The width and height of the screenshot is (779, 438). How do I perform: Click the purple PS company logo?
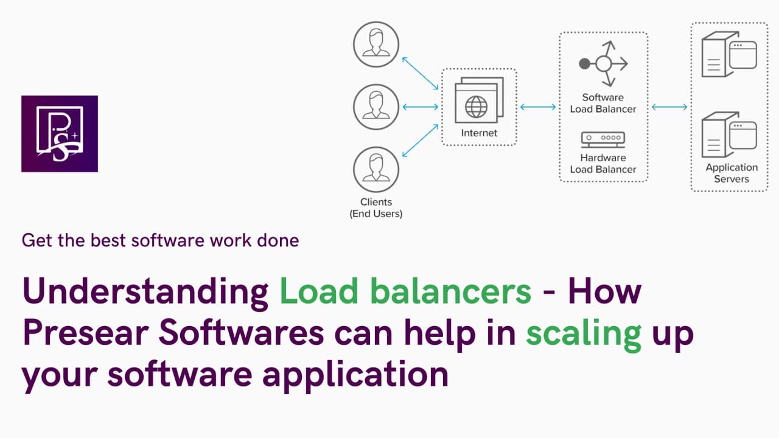point(60,134)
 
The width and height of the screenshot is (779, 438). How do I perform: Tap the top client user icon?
point(376,44)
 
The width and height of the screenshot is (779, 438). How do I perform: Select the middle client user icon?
point(376,106)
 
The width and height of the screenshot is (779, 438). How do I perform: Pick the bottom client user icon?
point(376,169)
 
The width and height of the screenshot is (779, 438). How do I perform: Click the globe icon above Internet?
point(476,107)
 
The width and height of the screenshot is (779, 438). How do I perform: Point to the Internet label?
point(479,133)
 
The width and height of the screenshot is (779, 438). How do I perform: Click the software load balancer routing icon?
point(603,63)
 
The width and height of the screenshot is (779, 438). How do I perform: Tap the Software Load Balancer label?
point(603,103)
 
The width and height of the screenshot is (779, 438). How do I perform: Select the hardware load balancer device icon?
point(603,139)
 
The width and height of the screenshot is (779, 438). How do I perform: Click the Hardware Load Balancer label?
point(603,164)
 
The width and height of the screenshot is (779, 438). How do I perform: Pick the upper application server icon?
point(728,55)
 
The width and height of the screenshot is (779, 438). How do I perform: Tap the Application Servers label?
point(732,173)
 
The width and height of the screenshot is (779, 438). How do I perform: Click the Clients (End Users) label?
point(376,208)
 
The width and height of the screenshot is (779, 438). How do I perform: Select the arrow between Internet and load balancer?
point(538,107)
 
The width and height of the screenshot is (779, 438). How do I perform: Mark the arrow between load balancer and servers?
point(669,107)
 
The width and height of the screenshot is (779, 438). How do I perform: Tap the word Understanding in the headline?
point(145,292)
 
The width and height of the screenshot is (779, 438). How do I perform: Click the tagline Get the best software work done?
point(160,240)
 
